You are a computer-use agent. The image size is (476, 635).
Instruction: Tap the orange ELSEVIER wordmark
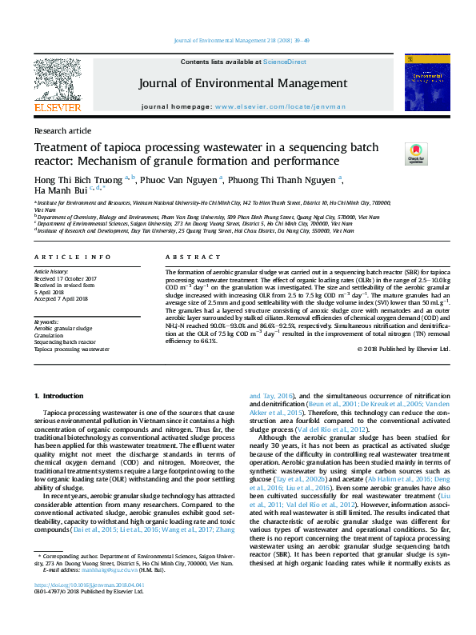(x=57, y=107)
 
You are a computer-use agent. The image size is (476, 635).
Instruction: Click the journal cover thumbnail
(x=422, y=82)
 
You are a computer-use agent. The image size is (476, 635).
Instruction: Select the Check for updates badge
(x=417, y=153)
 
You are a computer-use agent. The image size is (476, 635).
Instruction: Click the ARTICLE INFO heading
(x=72, y=257)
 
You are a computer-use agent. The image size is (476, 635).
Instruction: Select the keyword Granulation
(x=51, y=335)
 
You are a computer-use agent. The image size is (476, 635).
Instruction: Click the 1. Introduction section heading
(x=62, y=397)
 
